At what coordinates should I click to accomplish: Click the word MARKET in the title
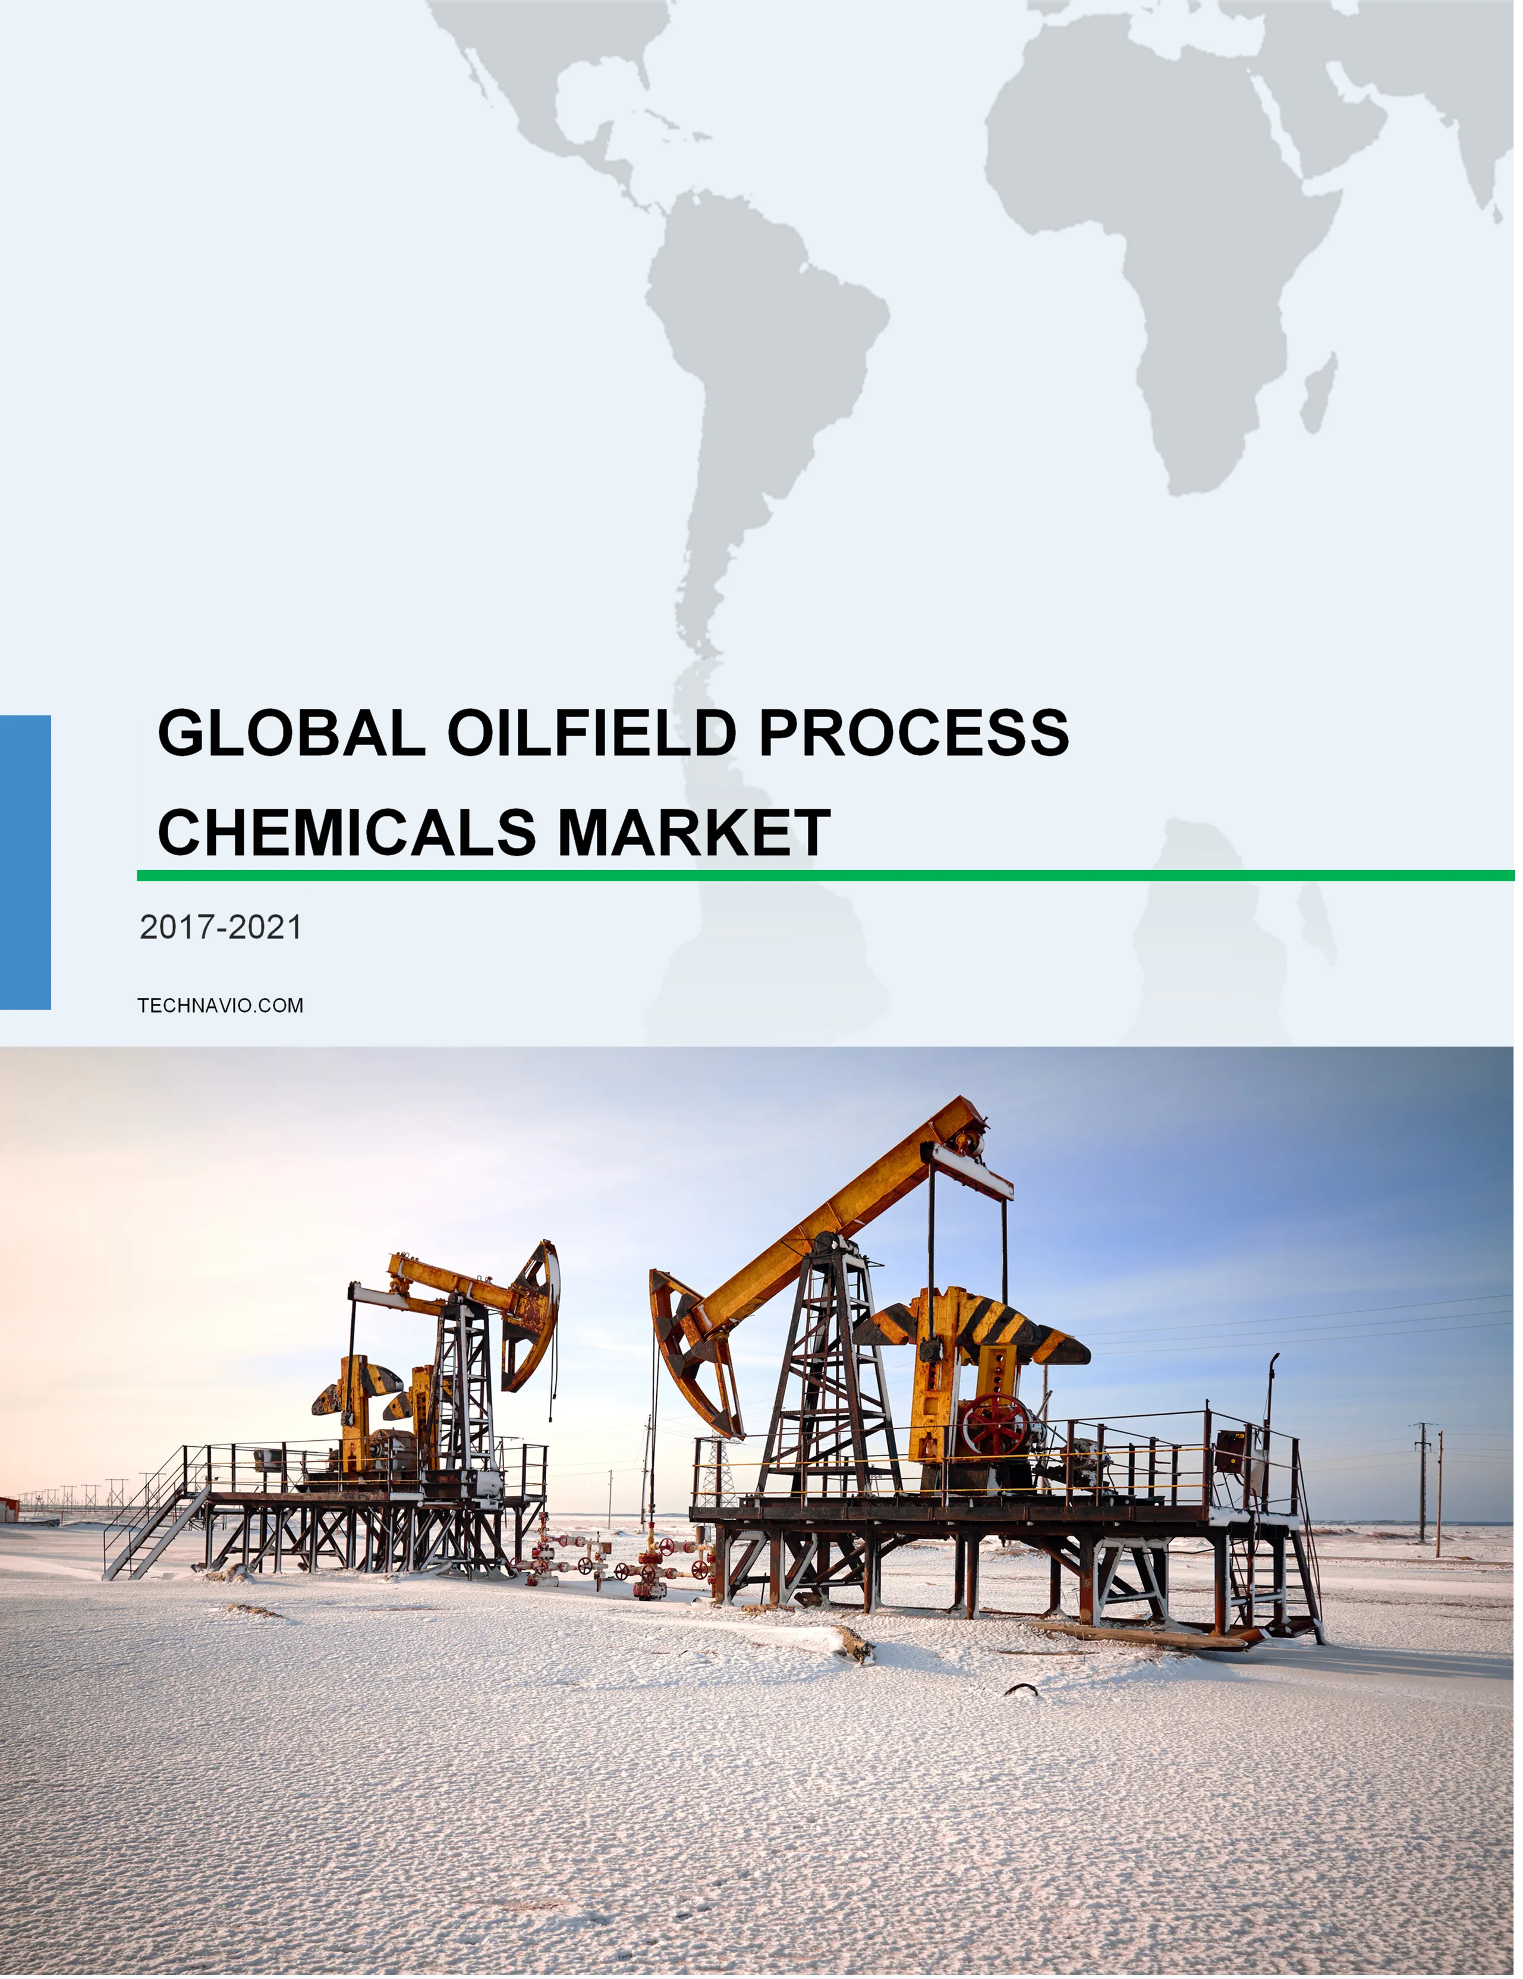694,832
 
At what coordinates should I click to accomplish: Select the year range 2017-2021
220,927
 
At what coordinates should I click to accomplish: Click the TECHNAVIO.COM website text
220,1005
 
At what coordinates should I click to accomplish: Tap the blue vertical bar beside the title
26,862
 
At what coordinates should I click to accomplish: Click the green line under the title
825,875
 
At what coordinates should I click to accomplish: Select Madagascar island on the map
1319,392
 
